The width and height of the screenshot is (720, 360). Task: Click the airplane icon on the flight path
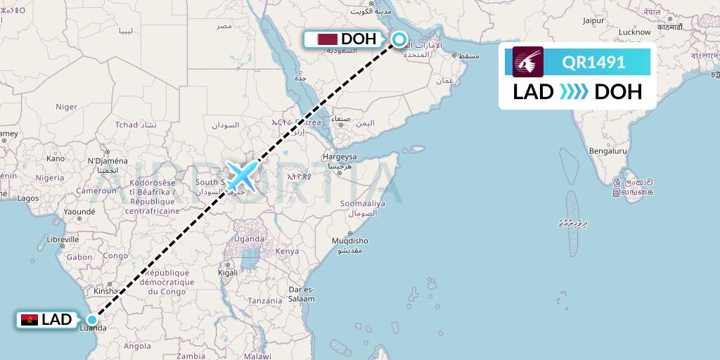tap(240, 176)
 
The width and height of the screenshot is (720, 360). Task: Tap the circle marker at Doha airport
tap(399, 39)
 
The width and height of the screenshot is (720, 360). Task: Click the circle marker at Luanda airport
tap(91, 320)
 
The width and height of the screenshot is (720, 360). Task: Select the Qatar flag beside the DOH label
tap(326, 39)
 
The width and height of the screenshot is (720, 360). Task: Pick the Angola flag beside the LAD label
tap(30, 320)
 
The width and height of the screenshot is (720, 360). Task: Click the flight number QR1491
tap(593, 62)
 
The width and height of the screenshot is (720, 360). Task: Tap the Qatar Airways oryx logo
tap(528, 62)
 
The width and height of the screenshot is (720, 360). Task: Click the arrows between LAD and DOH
tap(574, 91)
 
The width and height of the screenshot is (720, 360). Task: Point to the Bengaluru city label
tap(607, 150)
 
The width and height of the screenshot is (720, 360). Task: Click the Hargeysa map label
tap(340, 156)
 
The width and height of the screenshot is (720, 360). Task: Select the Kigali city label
tap(228, 272)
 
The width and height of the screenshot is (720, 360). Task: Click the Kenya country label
tap(287, 251)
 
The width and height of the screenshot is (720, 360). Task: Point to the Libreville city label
tap(62, 240)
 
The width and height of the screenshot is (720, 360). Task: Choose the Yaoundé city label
tap(79, 211)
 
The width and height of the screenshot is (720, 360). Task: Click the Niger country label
tap(66, 107)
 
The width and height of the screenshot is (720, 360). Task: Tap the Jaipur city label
tap(593, 21)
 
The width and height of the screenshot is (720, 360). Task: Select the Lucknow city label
tap(634, 32)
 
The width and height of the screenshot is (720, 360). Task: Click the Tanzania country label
tap(264, 300)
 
